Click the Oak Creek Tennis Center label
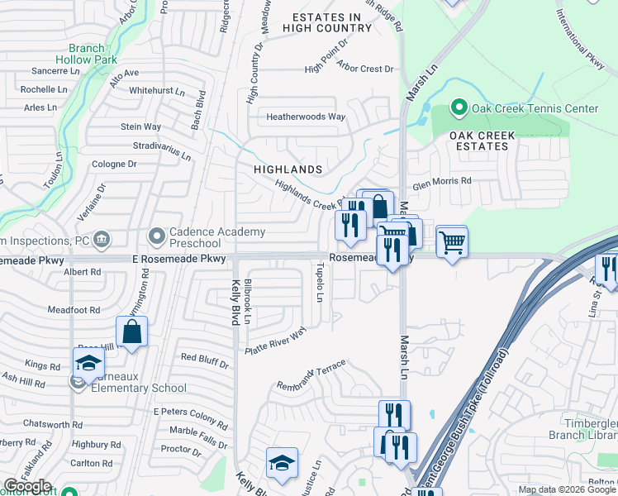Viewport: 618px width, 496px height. (534, 108)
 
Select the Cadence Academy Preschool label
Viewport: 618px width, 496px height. (195, 238)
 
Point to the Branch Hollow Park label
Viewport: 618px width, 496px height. (87, 55)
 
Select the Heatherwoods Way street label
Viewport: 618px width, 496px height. (305, 117)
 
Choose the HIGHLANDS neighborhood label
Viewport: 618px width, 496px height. (288, 169)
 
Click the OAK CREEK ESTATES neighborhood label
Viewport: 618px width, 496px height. (483, 141)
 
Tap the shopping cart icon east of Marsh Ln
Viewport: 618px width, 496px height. (452, 243)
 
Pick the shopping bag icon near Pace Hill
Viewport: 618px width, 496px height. (132, 333)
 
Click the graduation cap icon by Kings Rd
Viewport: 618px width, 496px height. (88, 363)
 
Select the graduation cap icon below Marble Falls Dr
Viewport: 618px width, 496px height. (282, 464)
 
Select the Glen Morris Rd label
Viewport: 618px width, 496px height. (441, 181)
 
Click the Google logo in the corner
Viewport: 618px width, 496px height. (27, 487)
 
